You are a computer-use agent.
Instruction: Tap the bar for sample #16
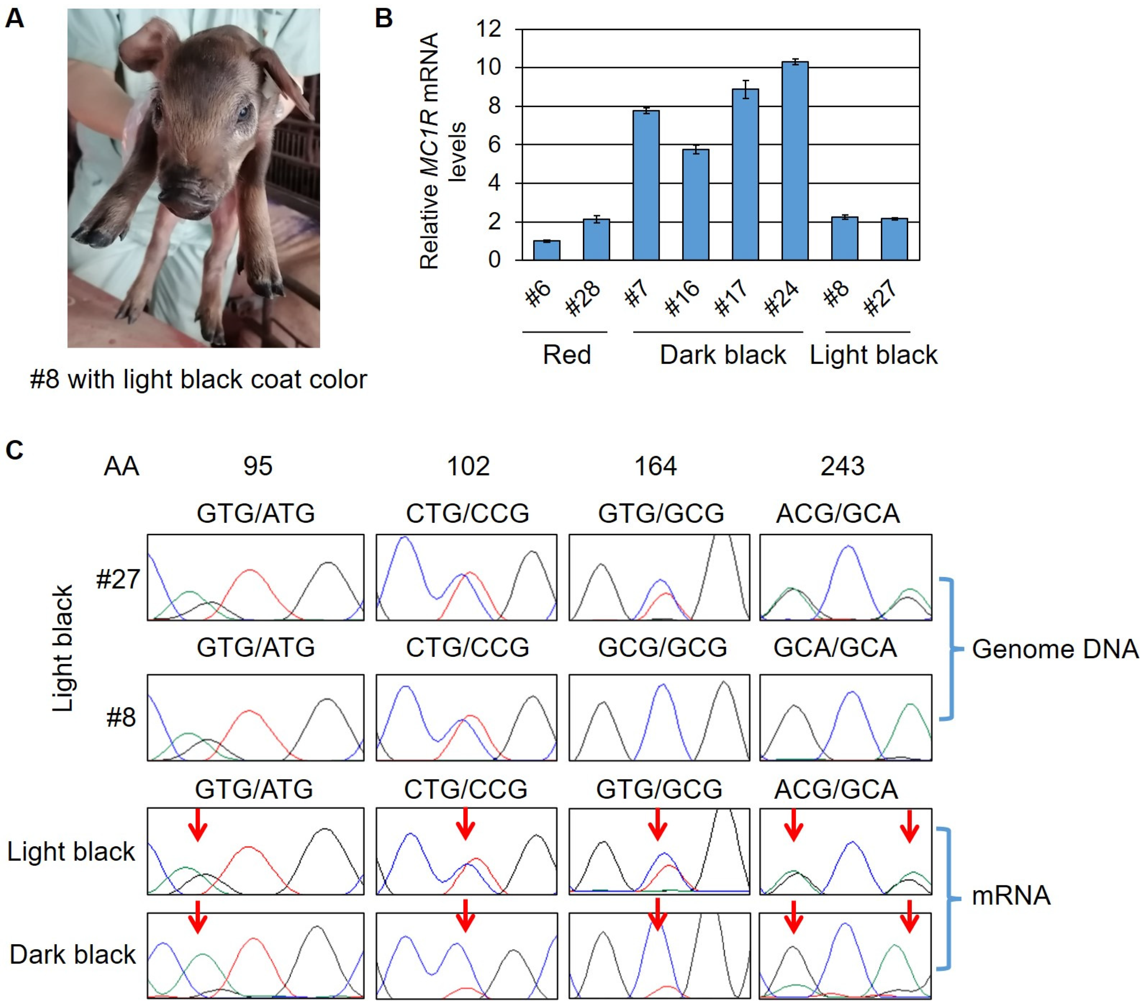click(695, 205)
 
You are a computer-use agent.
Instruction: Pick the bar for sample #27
click(894, 239)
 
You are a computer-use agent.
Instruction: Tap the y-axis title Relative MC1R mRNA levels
click(443, 150)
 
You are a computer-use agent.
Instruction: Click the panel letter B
click(384, 18)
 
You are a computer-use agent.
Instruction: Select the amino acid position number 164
click(655, 466)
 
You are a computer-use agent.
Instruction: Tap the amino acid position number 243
click(842, 466)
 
